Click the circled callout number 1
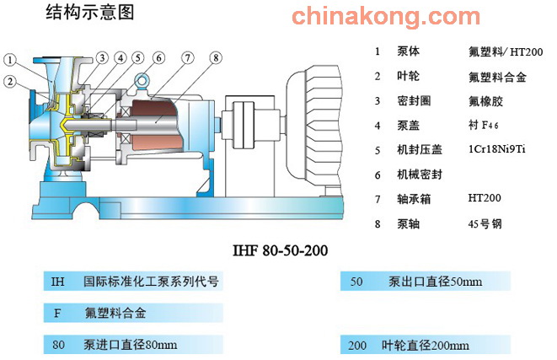10,60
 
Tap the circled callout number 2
10,82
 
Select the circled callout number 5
138,58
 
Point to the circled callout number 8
216,57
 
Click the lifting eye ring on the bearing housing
142,80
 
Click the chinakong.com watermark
386,16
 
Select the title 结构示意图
90,12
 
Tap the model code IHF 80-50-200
280,250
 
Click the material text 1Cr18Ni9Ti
496,149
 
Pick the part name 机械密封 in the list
420,175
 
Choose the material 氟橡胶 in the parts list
485,101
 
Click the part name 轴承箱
414,199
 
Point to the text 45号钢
485,224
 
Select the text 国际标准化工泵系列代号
151,281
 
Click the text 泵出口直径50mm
435,282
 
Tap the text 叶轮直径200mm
426,345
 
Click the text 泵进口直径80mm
130,344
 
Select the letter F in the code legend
56,313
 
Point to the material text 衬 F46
484,125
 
